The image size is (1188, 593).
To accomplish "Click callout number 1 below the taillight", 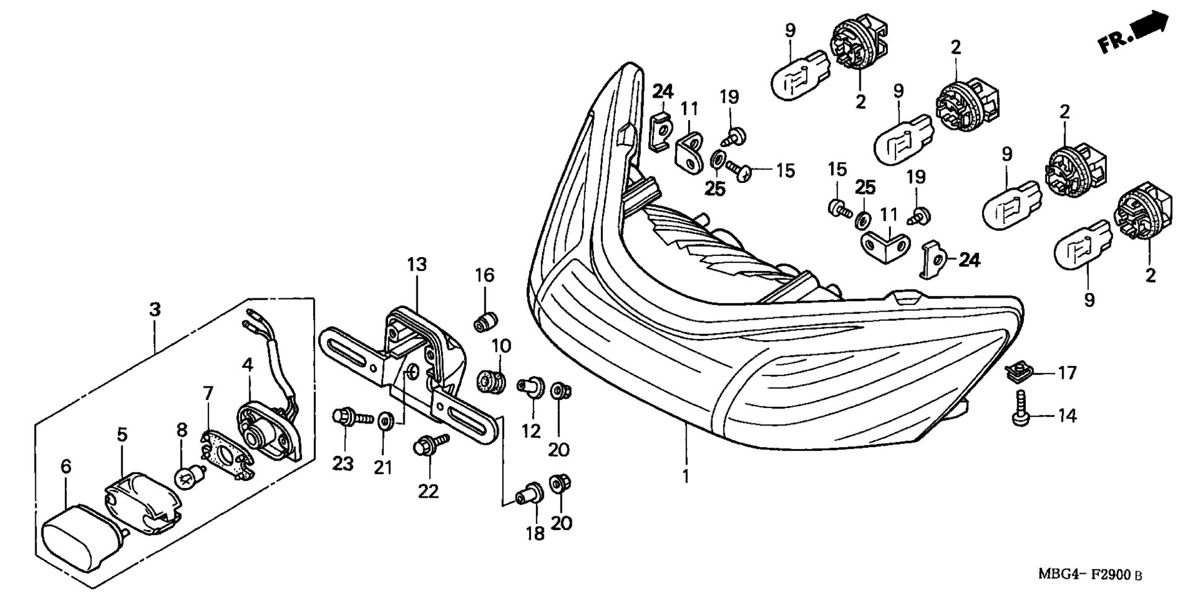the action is (685, 476).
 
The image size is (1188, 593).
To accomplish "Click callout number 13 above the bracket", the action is (416, 265).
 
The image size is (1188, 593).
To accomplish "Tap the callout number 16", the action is (484, 275).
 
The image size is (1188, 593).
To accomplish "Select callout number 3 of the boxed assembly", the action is (155, 309).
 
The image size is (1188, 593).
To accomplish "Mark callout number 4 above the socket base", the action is (247, 365).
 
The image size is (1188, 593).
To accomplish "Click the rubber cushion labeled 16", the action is (486, 322).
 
